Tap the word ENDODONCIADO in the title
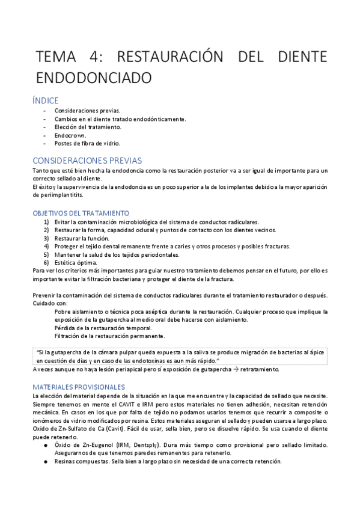(93, 78)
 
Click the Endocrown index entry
(70, 135)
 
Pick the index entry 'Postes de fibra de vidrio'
(87, 144)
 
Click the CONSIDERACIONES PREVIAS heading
(87, 161)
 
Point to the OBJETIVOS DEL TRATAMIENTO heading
(81, 213)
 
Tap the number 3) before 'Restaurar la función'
(47, 238)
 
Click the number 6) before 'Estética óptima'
(47, 262)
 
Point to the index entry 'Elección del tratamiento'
(88, 127)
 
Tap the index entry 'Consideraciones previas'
(87, 111)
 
